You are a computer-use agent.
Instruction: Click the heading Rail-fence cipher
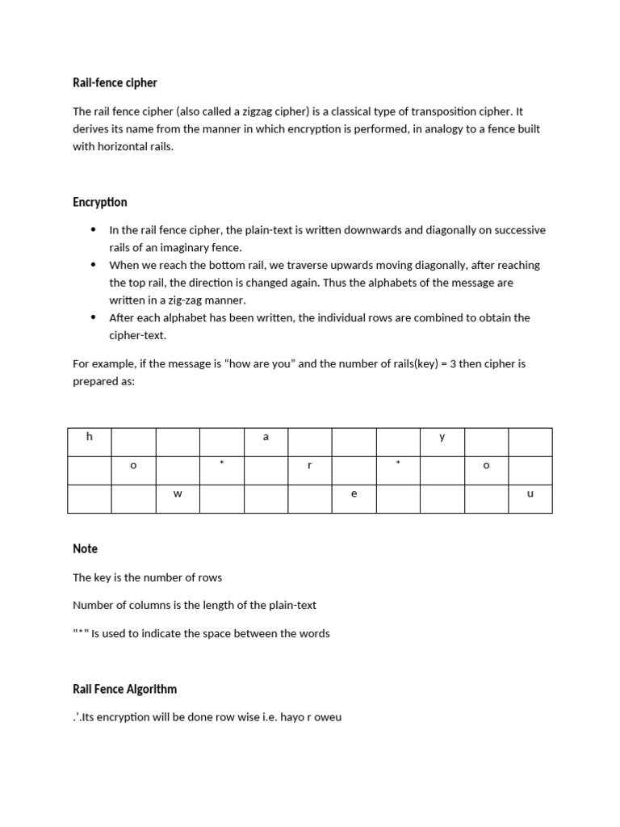tap(115, 82)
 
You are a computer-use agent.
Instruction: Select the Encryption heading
tap(100, 202)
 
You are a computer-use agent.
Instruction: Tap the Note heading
tap(85, 548)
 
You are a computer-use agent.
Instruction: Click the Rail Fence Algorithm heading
tap(124, 689)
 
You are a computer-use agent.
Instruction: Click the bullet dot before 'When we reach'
tap(94, 265)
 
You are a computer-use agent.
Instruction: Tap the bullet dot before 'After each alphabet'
tap(94, 317)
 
